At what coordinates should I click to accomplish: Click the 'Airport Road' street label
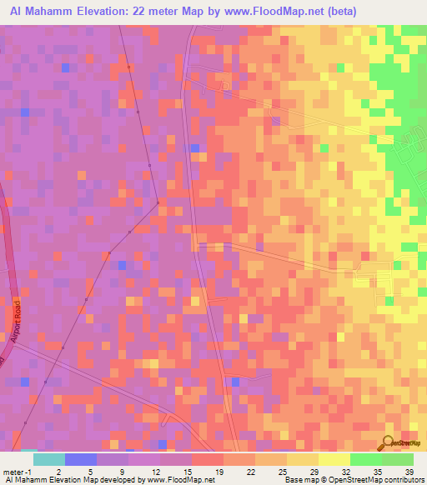(x=16, y=316)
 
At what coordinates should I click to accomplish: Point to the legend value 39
(x=409, y=471)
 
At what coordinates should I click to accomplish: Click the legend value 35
(x=377, y=471)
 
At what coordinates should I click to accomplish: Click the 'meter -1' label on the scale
(x=18, y=471)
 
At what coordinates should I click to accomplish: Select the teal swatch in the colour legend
(x=49, y=459)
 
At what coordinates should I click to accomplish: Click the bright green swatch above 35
(x=366, y=459)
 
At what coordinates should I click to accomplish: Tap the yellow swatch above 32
(x=334, y=459)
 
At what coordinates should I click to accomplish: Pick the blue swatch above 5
(x=81, y=459)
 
